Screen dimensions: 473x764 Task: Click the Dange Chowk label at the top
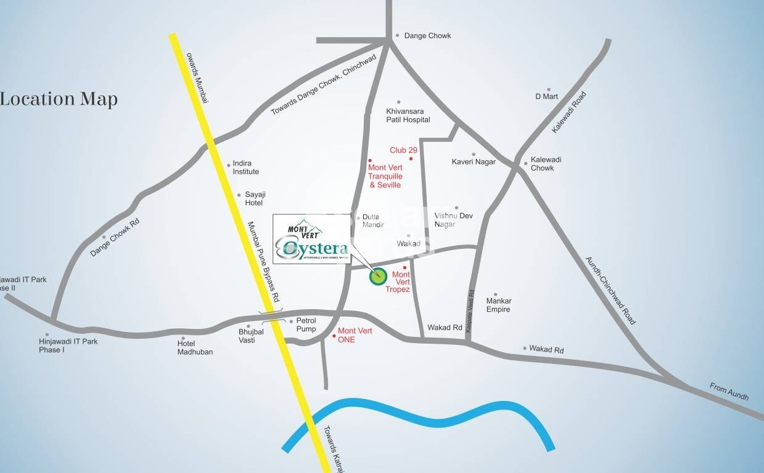(427, 36)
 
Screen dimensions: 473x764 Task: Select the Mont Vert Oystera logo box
(311, 239)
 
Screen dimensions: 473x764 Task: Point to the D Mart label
(546, 96)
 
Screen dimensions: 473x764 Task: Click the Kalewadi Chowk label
(542, 164)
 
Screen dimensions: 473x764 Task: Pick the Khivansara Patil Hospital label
(408, 115)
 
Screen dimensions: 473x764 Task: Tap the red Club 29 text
(403, 150)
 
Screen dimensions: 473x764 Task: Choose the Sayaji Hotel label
(254, 198)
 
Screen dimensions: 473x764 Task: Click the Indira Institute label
(245, 168)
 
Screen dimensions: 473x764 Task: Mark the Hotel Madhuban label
(195, 347)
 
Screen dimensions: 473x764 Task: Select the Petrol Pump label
(306, 325)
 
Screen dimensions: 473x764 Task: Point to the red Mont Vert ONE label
(355, 335)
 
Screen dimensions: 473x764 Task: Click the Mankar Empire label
(498, 305)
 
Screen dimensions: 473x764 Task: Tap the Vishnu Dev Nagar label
(453, 220)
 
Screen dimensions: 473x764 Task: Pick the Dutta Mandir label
(373, 220)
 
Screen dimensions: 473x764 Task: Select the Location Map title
(59, 99)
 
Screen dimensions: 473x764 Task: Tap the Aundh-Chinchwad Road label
(610, 290)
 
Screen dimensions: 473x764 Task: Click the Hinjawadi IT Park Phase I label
(68, 346)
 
